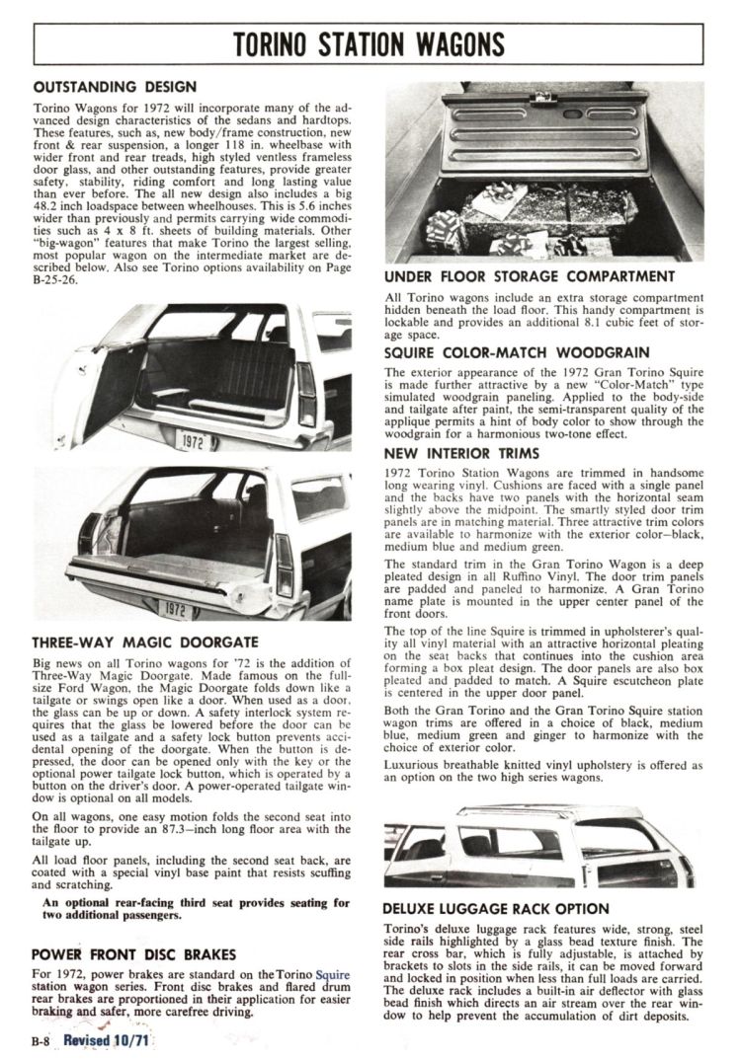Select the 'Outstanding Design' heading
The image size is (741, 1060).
tap(115, 87)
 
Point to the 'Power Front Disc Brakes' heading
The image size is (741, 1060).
tap(134, 954)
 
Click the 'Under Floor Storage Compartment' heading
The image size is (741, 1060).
tap(529, 276)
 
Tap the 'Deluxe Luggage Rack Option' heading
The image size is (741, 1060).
tap(495, 909)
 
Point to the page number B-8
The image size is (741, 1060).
tap(40, 1040)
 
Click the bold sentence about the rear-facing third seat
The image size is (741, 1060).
tap(196, 909)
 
